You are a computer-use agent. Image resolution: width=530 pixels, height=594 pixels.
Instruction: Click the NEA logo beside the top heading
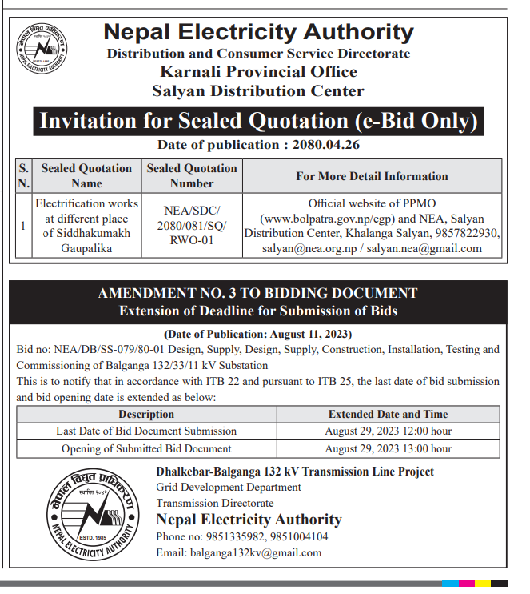coord(43,48)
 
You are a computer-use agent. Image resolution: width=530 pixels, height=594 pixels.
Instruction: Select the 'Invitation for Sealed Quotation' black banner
coord(258,122)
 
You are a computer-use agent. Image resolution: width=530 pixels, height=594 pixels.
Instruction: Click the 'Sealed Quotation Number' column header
coord(192,175)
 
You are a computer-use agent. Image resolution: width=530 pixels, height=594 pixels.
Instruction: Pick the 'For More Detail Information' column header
coord(372,175)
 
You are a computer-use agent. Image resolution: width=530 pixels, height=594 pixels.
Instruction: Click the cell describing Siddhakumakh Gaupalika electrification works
coord(87,226)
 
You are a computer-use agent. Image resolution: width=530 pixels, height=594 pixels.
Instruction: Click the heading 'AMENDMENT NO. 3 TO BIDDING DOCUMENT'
coord(257,294)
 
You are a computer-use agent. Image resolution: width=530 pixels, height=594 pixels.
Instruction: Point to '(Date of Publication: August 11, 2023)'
coord(257,334)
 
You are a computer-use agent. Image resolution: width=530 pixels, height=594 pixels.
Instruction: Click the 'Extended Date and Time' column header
coord(388,414)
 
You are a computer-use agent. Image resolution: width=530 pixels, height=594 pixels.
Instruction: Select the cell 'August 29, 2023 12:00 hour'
coord(388,431)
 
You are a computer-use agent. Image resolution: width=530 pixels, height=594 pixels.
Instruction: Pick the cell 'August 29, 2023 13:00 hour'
coord(388,448)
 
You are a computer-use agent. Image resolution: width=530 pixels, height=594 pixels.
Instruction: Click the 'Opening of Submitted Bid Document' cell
coord(146,448)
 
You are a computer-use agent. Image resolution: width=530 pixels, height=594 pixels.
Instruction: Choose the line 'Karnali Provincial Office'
coord(258,72)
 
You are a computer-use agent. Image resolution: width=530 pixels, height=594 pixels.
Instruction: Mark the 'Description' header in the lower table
coord(146,414)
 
